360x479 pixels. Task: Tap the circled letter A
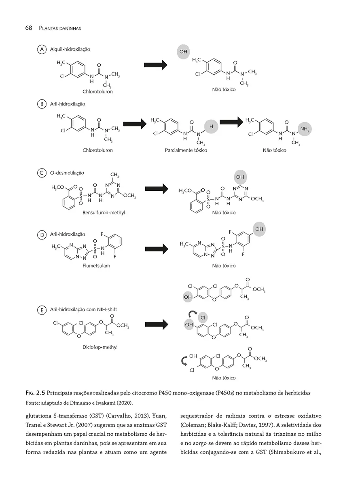pyautogui.click(x=41, y=49)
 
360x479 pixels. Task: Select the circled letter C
pyautogui.click(x=41, y=173)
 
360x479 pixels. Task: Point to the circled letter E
pyautogui.click(x=41, y=310)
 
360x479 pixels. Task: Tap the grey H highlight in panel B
pyautogui.click(x=211, y=127)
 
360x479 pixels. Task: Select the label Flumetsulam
pyautogui.click(x=96, y=266)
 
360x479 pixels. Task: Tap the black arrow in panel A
pyautogui.click(x=155, y=64)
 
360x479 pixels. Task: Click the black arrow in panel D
pyautogui.click(x=156, y=249)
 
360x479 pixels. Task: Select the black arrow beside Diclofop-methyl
pyautogui.click(x=156, y=323)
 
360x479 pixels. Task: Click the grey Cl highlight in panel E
pyautogui.click(x=203, y=317)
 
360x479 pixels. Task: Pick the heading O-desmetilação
pyautogui.click(x=67, y=173)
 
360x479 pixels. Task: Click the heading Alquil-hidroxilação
pyautogui.click(x=70, y=49)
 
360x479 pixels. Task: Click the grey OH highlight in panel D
pyautogui.click(x=259, y=229)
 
